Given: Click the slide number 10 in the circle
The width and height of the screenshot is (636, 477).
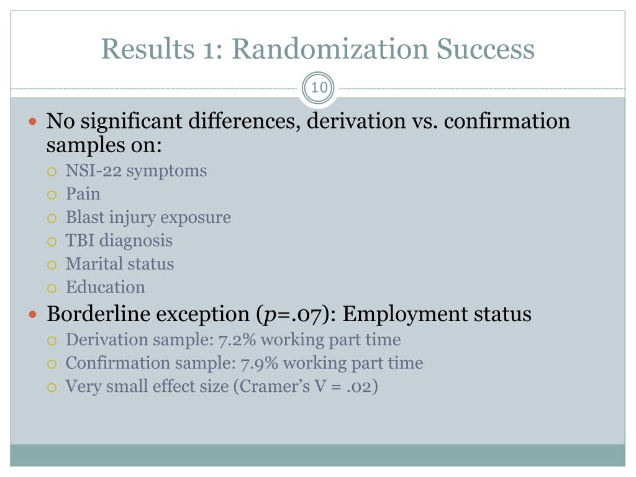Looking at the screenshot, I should tap(319, 88).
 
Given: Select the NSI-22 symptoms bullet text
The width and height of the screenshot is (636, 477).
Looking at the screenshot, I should tap(136, 171).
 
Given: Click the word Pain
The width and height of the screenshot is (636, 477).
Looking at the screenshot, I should tap(83, 194).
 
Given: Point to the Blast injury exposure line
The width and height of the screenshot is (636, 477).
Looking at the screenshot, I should tap(148, 217).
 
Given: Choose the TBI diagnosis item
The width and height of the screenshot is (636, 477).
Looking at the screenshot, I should tap(119, 240).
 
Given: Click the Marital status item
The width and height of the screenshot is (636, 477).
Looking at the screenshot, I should tap(119, 264).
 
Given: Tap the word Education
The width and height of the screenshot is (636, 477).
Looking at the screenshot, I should tap(105, 287).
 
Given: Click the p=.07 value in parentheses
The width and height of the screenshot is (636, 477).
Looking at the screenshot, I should tap(293, 314).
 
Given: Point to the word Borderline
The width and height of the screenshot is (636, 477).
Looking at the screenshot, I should tap(99, 314).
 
